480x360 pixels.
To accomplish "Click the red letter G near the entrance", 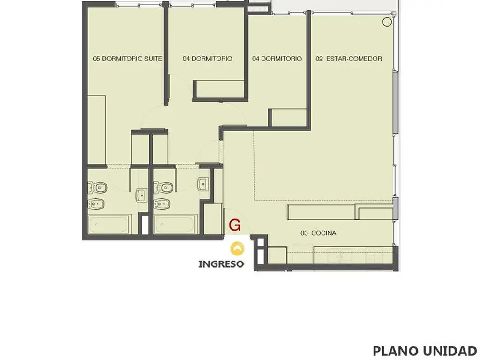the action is (235, 225).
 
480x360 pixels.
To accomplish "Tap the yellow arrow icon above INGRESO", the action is (237, 248).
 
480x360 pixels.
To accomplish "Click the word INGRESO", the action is (221, 264).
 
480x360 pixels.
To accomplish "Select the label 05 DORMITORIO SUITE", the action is (127, 59).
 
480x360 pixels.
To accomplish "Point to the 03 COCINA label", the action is (318, 233).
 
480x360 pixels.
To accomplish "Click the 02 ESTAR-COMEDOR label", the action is (349, 59).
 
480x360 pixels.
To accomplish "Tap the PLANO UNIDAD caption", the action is (425, 351).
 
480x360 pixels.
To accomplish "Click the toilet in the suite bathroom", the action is (97, 187).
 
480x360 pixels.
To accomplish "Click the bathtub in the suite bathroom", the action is (108, 225).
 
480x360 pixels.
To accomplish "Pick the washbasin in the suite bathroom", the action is (141, 195).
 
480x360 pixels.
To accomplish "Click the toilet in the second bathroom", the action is (163, 187).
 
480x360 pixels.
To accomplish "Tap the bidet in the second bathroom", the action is (162, 203).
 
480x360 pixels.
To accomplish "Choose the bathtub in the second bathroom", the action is (174, 225).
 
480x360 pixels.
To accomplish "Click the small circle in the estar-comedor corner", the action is (387, 22).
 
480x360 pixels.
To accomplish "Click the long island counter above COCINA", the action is (321, 212).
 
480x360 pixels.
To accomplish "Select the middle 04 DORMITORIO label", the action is (208, 59).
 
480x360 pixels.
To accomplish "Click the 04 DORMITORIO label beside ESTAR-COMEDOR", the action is (277, 59).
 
